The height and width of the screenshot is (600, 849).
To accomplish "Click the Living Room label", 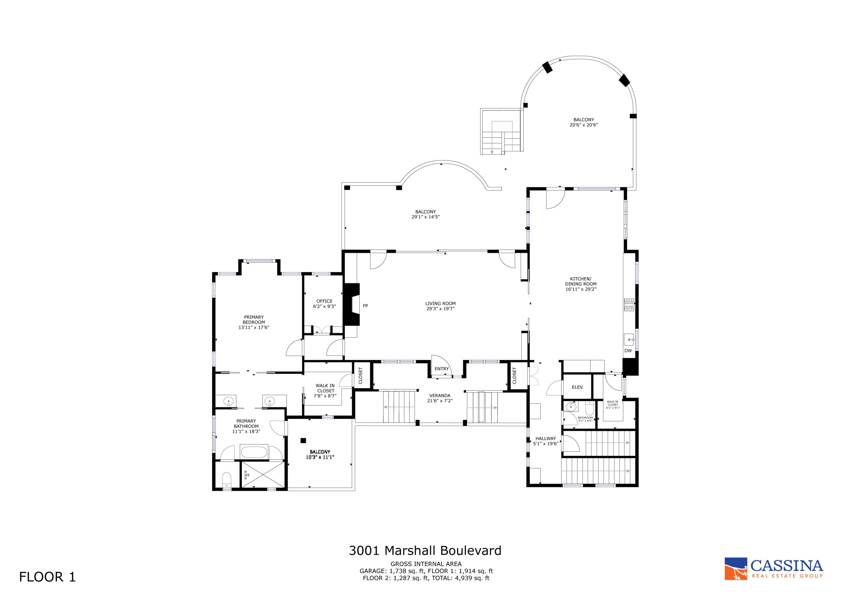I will [440, 304].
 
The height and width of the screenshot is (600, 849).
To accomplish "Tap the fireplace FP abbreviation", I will [365, 306].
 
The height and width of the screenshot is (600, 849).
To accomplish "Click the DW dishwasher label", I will [628, 351].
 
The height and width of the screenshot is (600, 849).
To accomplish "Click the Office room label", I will [324, 301].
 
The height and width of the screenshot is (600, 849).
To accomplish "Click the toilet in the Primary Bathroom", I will [226, 480].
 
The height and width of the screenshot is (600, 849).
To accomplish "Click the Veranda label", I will [440, 395].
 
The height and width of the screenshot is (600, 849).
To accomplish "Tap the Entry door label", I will [441, 369].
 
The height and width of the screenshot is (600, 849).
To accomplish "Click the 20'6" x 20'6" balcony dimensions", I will [584, 125].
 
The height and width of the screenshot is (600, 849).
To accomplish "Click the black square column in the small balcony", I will [303, 440].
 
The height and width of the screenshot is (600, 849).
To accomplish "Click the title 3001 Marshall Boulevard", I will [425, 561].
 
